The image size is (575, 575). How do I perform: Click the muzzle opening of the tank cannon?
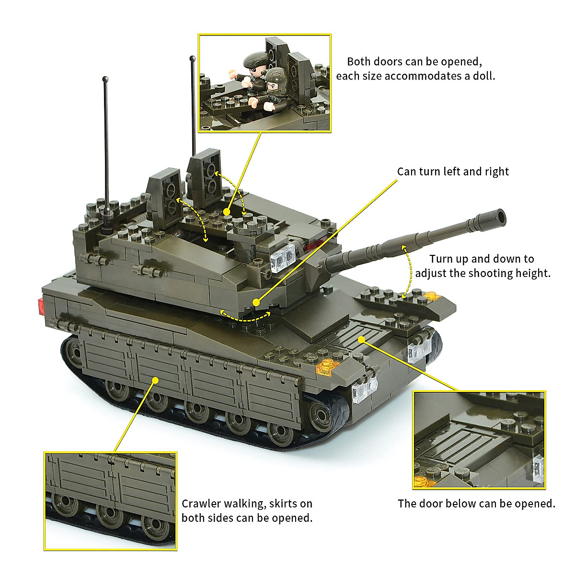[501, 218]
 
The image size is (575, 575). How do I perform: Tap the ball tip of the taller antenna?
[193, 59]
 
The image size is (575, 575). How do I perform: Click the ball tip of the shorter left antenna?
[104, 78]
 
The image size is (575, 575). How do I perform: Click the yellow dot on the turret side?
[256, 302]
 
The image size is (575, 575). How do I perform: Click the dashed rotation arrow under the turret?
[245, 317]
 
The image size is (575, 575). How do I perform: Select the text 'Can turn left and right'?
[453, 172]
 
